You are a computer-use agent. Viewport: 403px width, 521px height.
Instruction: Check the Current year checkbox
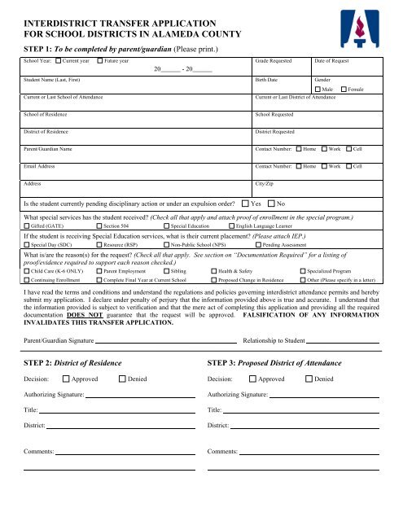point(59,61)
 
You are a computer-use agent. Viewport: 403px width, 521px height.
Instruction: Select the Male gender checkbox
point(318,88)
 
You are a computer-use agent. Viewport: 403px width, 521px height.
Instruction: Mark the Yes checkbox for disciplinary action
point(245,202)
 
